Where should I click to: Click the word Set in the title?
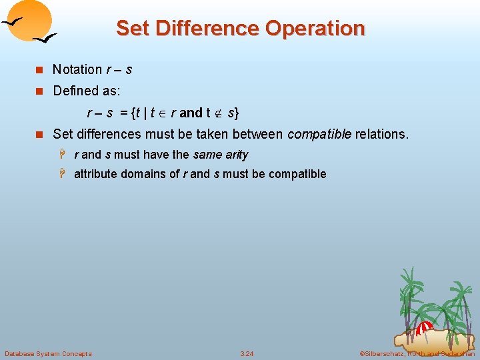tap(132, 29)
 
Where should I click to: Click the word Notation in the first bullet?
tap(77, 69)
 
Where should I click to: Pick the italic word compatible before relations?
tap(319, 134)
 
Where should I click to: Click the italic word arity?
tap(237, 155)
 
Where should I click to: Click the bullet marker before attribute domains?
tap(65, 174)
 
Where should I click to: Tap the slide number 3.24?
tap(247, 353)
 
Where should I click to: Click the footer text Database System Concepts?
tap(48, 353)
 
